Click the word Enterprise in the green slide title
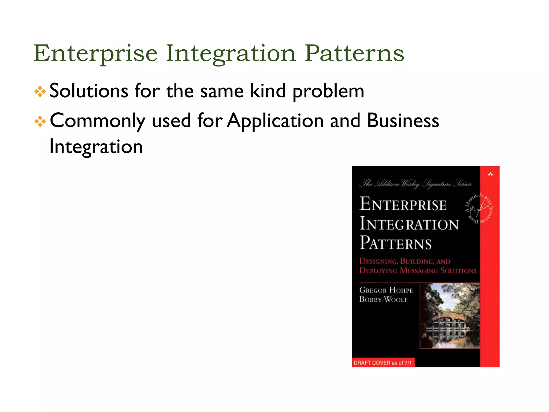click(x=95, y=53)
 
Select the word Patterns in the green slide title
click(x=354, y=53)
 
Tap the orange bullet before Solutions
click(x=40, y=92)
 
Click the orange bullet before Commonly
click(x=40, y=121)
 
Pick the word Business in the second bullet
click(x=403, y=121)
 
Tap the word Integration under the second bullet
click(x=96, y=147)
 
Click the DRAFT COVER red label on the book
click(x=383, y=363)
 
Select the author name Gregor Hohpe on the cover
click(x=386, y=290)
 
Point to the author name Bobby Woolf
click(x=383, y=299)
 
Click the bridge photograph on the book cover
click(x=450, y=316)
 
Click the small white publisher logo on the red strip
click(x=490, y=174)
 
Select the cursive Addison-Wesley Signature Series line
click(x=415, y=184)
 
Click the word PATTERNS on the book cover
click(x=396, y=243)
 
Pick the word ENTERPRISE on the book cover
click(x=403, y=204)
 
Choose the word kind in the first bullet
click(x=268, y=91)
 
